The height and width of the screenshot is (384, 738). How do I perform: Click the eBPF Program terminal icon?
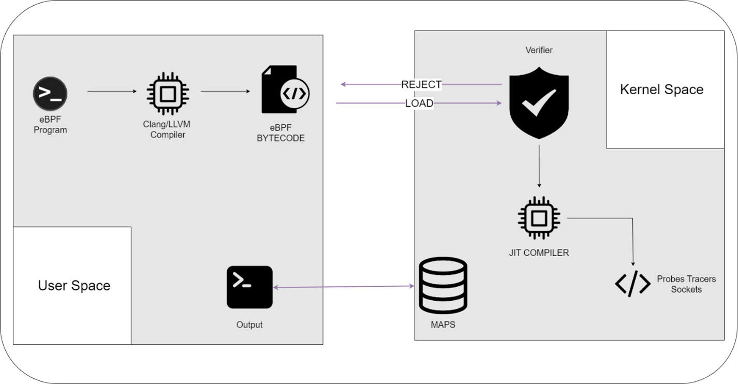tap(50, 94)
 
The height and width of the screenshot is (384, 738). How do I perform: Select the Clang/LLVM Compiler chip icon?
tap(168, 94)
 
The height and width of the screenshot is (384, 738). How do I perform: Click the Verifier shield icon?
tap(539, 102)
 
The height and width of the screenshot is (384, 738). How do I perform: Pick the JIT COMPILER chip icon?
tap(539, 218)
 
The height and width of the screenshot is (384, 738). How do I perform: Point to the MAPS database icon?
tap(443, 285)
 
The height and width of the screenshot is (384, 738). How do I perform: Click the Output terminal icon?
tap(249, 287)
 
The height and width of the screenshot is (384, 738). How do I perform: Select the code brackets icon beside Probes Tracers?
tap(632, 283)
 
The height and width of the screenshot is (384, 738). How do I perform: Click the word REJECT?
tap(421, 84)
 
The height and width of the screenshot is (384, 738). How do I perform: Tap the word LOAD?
tap(419, 104)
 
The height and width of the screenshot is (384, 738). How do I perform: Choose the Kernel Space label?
tap(661, 90)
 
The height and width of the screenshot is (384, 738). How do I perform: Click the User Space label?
tap(74, 286)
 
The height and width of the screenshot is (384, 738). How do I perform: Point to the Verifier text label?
tap(539, 50)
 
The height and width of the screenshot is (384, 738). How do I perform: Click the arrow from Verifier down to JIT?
tap(539, 166)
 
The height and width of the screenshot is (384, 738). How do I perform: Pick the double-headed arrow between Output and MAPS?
tap(344, 286)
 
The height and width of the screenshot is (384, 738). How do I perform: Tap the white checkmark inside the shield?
tap(539, 101)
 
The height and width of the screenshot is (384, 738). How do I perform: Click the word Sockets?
tap(686, 289)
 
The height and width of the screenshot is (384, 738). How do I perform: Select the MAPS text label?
tap(443, 325)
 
